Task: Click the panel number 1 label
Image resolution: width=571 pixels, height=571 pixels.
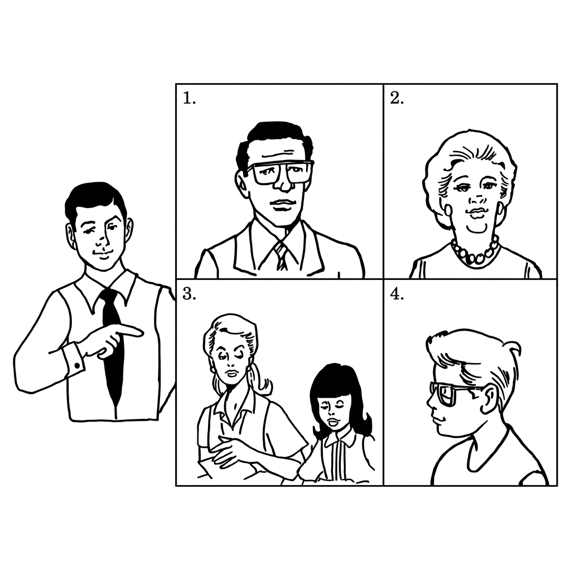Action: pos(189,98)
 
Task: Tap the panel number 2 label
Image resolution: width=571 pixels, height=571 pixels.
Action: pos(397,98)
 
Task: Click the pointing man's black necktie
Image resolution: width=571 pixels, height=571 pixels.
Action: pos(113,346)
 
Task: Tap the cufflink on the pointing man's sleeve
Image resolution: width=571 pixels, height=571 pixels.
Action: pos(77,365)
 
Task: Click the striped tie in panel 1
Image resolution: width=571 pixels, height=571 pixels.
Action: pos(281,256)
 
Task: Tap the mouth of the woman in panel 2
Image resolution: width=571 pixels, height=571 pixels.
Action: pos(476,212)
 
